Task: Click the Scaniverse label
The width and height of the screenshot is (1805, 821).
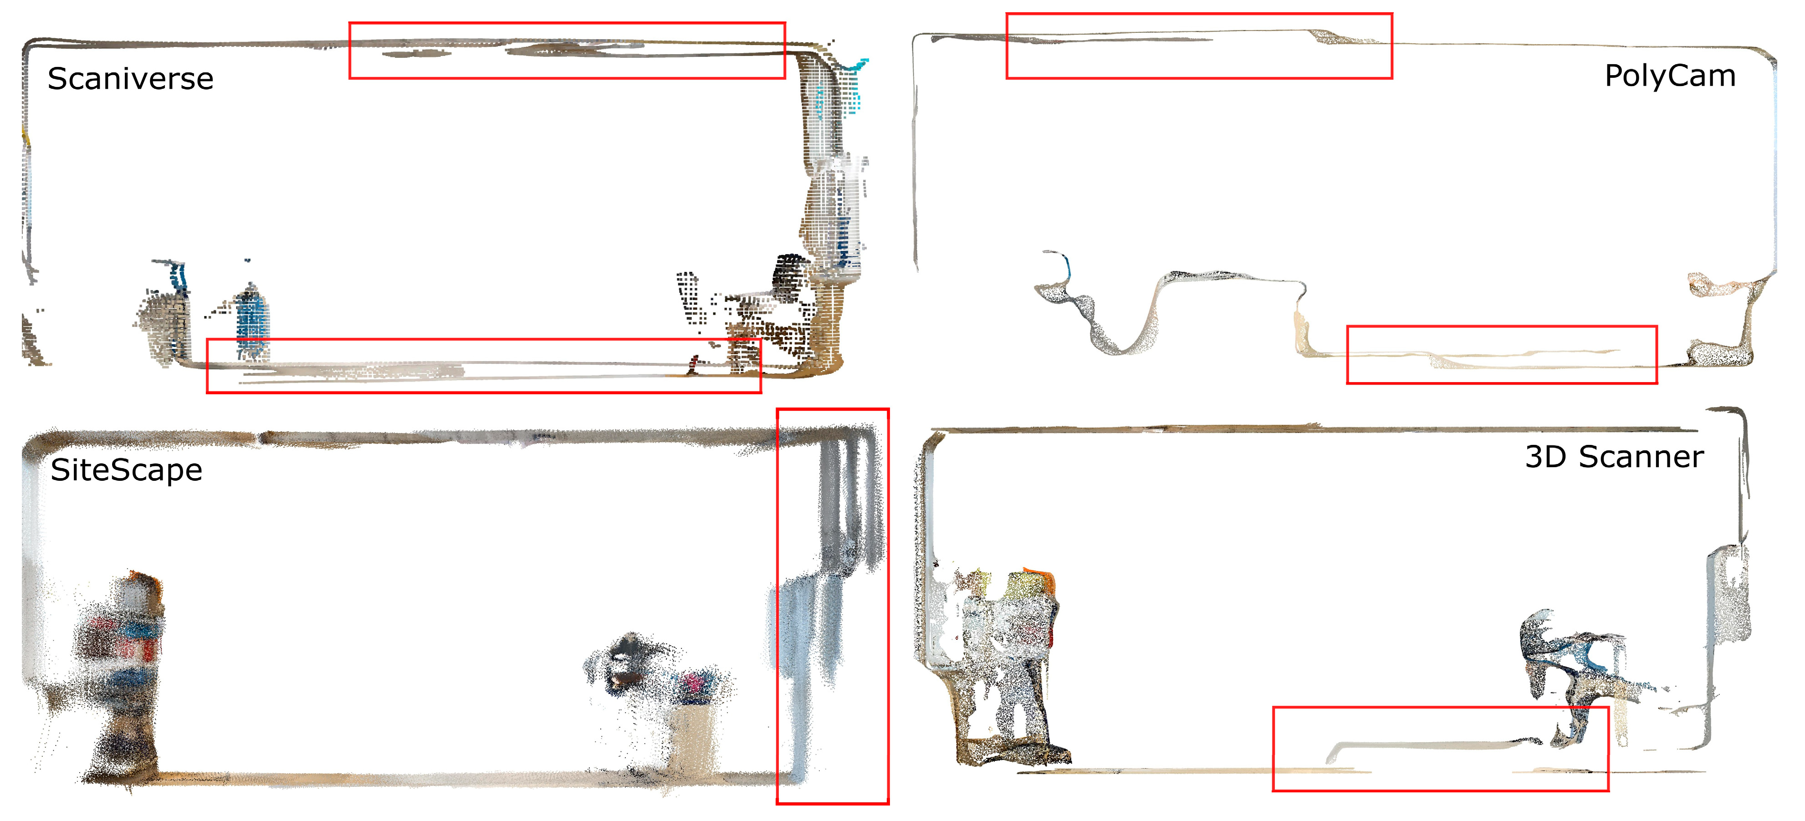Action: pos(130,78)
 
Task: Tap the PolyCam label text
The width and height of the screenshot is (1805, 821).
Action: pos(1670,76)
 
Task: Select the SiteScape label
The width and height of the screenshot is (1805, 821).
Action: pos(126,469)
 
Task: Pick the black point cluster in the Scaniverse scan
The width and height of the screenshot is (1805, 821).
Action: pos(790,277)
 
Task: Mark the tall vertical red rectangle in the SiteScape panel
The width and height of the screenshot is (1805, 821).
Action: pos(777,606)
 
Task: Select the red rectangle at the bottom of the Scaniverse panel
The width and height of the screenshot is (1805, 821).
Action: pos(484,340)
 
